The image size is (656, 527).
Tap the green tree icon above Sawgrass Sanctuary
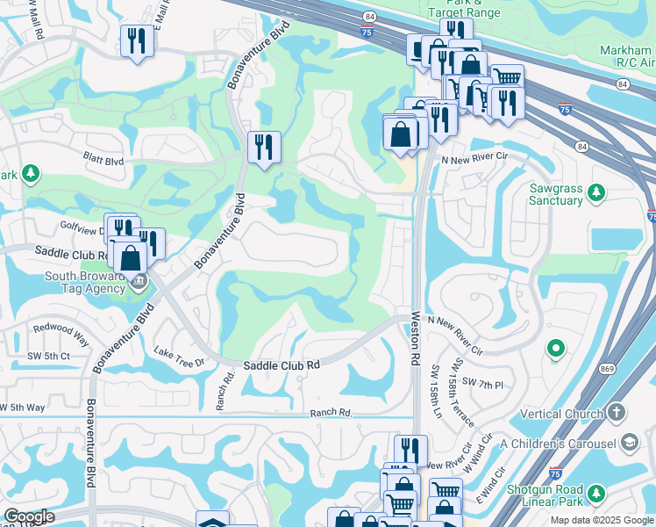point(596,191)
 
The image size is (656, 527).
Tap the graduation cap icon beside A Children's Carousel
point(630,441)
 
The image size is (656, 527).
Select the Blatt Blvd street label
point(103,161)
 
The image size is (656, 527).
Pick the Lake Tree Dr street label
point(178,357)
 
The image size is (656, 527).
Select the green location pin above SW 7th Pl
point(555,350)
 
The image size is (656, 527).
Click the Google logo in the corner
point(29,516)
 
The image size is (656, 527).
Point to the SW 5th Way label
point(22,408)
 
